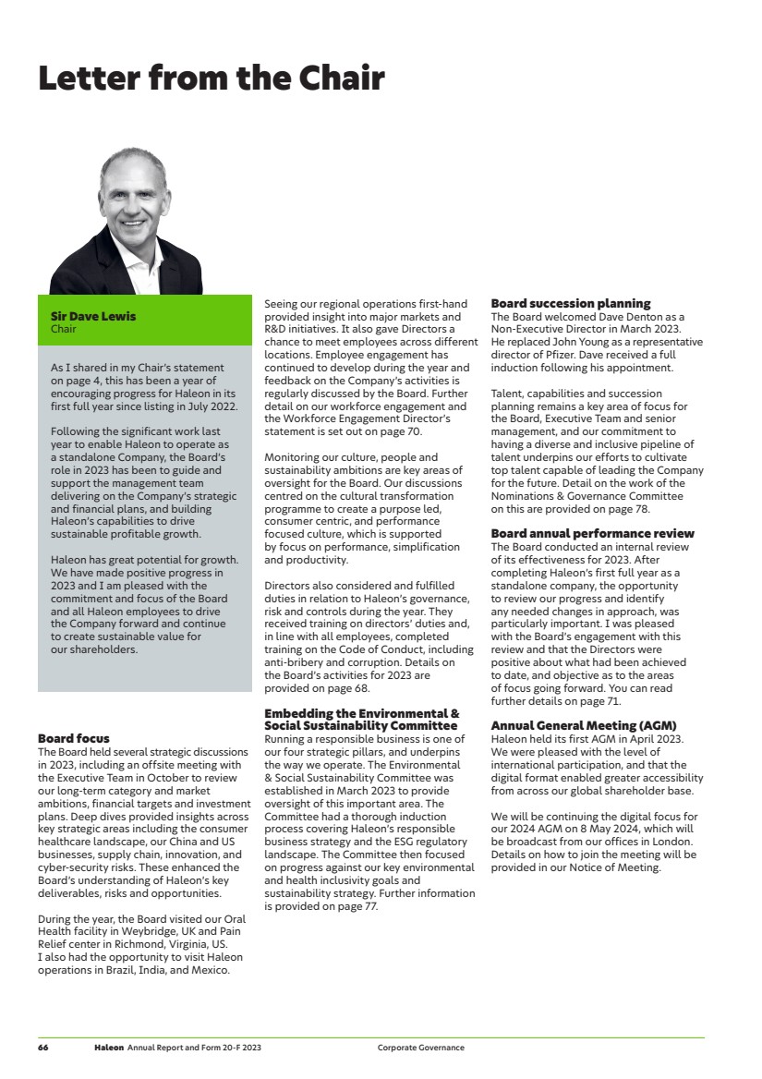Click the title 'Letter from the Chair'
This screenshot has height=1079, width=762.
pos(211,78)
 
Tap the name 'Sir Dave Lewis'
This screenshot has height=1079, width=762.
pos(92,316)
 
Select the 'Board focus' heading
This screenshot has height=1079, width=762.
pos(74,738)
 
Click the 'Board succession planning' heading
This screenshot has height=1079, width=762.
pos(571,303)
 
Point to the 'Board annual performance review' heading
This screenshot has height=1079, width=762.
pos(592,534)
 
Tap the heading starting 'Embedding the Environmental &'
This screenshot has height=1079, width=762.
pos(361,713)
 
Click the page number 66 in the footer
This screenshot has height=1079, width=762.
pos(43,1048)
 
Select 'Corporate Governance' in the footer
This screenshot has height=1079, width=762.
pos(420,1048)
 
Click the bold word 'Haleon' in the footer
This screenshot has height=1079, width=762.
pos(108,1048)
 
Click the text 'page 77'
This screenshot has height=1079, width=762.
pos(357,906)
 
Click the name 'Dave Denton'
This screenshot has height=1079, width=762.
pos(602,317)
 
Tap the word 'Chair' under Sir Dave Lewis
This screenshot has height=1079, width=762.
pos(63,328)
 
